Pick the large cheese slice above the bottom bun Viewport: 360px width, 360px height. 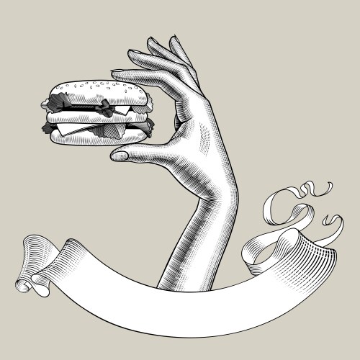pos(72,130)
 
